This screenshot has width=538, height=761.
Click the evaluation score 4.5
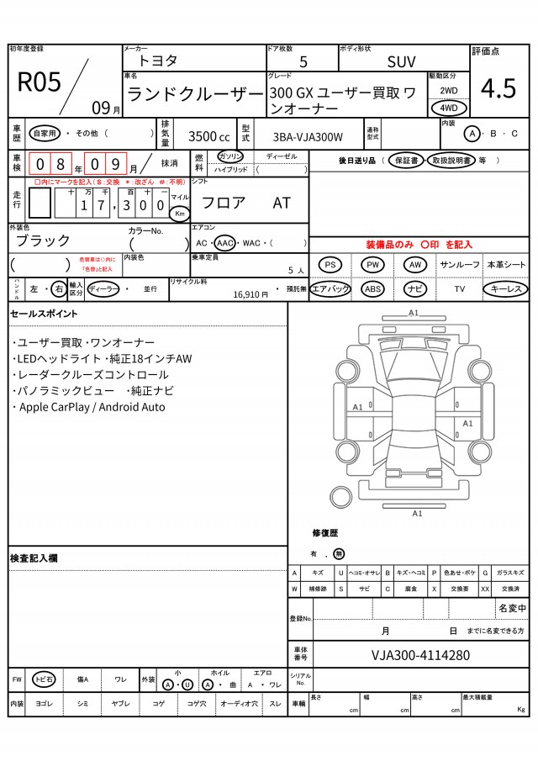(x=498, y=88)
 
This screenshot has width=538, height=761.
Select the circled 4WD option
(x=449, y=108)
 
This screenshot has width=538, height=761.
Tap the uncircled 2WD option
(x=449, y=90)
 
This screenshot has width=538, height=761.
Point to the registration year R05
(x=39, y=82)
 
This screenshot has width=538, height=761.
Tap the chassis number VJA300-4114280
(x=420, y=655)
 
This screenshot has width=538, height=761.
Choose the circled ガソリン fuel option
(x=229, y=157)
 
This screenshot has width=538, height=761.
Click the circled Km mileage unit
(x=180, y=214)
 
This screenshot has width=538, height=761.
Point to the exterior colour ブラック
(x=45, y=240)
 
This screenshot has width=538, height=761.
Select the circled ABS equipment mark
(x=372, y=288)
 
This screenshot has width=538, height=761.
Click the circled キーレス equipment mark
(x=505, y=288)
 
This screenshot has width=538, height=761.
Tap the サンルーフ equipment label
(x=460, y=265)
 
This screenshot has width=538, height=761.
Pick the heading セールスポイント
(x=44, y=314)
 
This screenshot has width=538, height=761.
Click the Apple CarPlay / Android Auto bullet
(x=89, y=407)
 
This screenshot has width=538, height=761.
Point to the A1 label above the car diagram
(x=414, y=313)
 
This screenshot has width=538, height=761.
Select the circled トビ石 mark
(x=44, y=679)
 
